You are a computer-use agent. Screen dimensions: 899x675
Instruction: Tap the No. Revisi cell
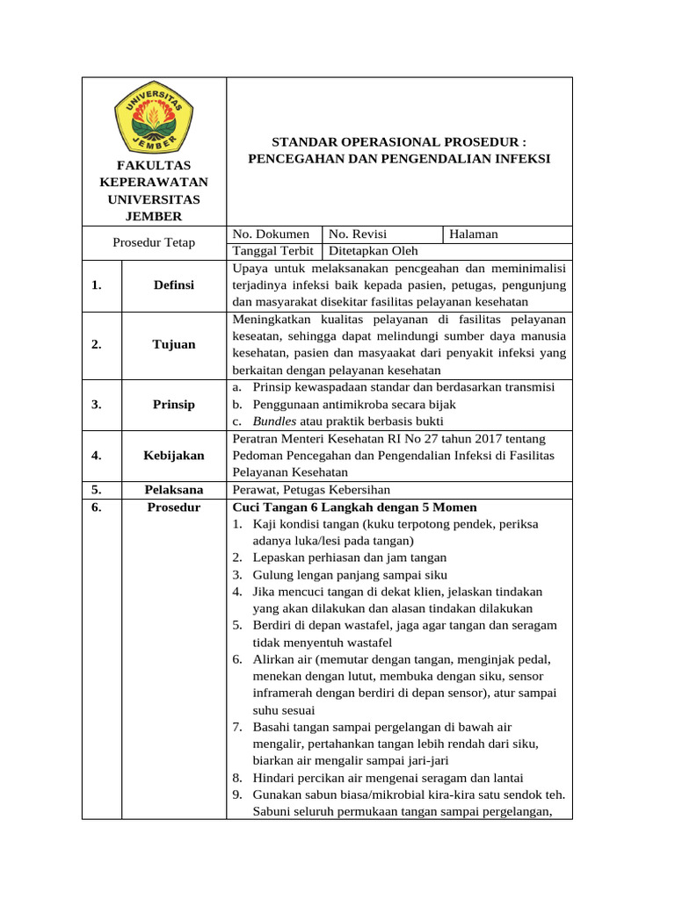tap(358, 234)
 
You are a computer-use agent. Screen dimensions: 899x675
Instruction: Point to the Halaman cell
tap(474, 234)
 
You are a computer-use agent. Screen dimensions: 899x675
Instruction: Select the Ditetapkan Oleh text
tap(374, 250)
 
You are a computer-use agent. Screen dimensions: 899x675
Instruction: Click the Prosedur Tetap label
tap(155, 242)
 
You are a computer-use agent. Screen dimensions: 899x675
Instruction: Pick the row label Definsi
tap(174, 284)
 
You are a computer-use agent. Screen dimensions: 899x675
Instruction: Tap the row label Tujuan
tap(174, 344)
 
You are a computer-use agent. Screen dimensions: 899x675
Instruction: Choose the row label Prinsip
tap(174, 404)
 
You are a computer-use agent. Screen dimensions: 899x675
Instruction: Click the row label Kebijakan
tap(174, 455)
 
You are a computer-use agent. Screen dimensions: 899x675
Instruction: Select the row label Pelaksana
tap(174, 489)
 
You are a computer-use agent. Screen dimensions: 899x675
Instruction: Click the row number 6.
tap(96, 507)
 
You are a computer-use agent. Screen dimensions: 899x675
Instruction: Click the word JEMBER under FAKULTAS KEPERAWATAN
tap(154, 216)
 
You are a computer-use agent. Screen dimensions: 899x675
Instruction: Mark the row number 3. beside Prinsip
tap(96, 404)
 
